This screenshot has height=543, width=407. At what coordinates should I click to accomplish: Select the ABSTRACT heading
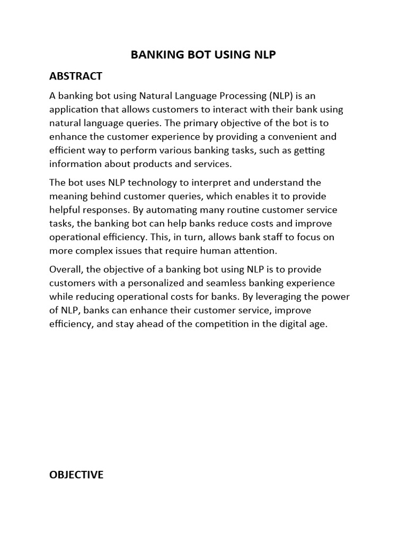coord(75,76)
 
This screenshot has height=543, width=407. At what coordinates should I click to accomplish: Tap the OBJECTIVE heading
coord(76,475)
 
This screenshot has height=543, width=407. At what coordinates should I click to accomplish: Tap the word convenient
coord(293,137)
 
